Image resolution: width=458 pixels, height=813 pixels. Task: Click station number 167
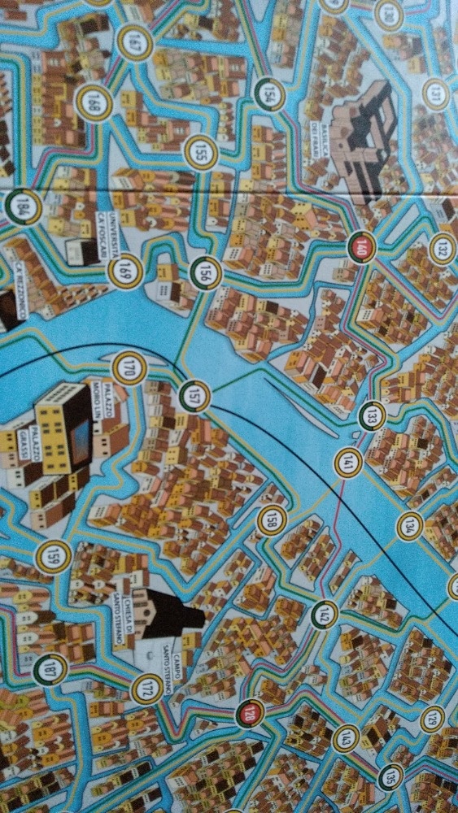[x=133, y=46]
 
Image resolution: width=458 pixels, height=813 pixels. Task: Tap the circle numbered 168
[x=94, y=103]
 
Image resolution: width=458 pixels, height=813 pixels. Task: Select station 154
[x=269, y=95]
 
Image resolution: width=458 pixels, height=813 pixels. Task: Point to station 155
[x=200, y=152]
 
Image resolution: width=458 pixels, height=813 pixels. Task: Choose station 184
[x=23, y=207]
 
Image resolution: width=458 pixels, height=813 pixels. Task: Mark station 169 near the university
[x=125, y=272]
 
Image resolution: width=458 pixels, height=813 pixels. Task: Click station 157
[x=194, y=396]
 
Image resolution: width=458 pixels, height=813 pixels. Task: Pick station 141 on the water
[x=348, y=463]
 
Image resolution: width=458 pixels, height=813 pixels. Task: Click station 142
[x=325, y=615]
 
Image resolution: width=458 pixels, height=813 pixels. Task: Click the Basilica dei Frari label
[x=318, y=138]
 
